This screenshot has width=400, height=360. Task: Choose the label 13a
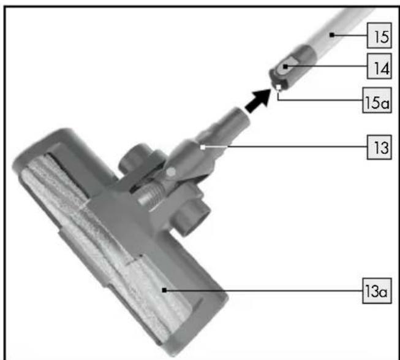[375, 291]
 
